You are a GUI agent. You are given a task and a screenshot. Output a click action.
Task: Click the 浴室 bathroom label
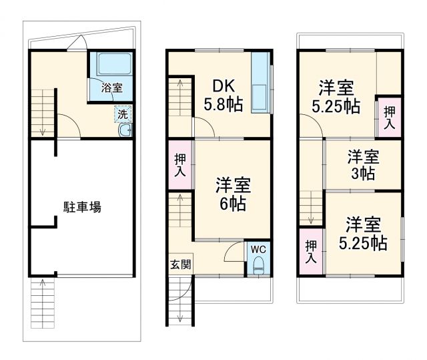pos(111,87)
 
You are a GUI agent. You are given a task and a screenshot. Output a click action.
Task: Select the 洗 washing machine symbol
pos(123,114)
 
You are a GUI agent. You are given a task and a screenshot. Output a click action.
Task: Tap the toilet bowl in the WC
pos(258,268)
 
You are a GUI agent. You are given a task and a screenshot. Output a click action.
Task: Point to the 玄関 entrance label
pos(179,264)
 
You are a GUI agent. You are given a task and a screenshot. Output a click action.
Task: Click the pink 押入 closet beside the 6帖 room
pos(180,165)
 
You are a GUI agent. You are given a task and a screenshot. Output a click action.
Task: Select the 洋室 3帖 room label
pos(362,164)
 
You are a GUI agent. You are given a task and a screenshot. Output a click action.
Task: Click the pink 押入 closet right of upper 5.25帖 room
pos(389,118)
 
